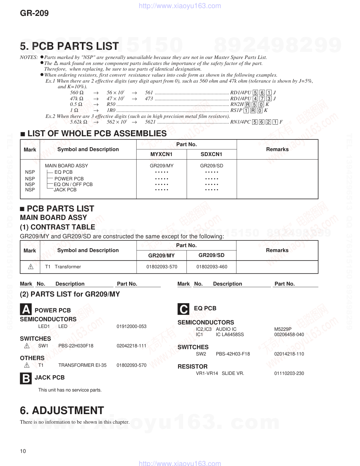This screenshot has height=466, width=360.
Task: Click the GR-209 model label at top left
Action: (x=34, y=13)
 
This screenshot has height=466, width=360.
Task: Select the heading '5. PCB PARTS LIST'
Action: (x=69, y=46)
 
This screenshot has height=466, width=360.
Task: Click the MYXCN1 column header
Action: (x=161, y=154)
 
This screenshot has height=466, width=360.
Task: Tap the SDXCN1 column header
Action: (x=211, y=154)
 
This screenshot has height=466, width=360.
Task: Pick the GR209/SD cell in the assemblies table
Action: (x=211, y=166)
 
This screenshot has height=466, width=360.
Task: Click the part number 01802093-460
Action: (x=212, y=267)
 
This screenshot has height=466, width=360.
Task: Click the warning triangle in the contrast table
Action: (x=31, y=267)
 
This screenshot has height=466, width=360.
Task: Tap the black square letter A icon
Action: (x=26, y=310)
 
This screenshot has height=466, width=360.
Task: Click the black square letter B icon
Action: (x=26, y=378)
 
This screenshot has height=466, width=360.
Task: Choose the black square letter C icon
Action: (x=184, y=309)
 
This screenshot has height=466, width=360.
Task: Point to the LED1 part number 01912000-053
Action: (x=131, y=327)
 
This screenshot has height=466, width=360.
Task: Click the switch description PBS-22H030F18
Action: (x=76, y=346)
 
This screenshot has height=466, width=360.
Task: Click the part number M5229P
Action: (x=283, y=329)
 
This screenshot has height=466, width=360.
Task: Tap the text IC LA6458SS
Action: (x=230, y=335)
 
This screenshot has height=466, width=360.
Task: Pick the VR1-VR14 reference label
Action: (x=207, y=374)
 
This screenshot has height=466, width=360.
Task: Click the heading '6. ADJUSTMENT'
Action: (x=62, y=411)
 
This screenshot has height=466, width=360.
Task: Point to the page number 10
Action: (x=23, y=451)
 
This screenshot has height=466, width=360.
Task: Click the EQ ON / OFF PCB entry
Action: (x=73, y=184)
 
